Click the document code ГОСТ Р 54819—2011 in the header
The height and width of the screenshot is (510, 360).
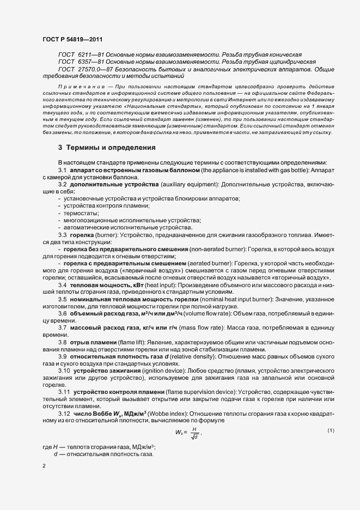point(72,40)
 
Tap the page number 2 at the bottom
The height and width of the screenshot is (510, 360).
point(44,466)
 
